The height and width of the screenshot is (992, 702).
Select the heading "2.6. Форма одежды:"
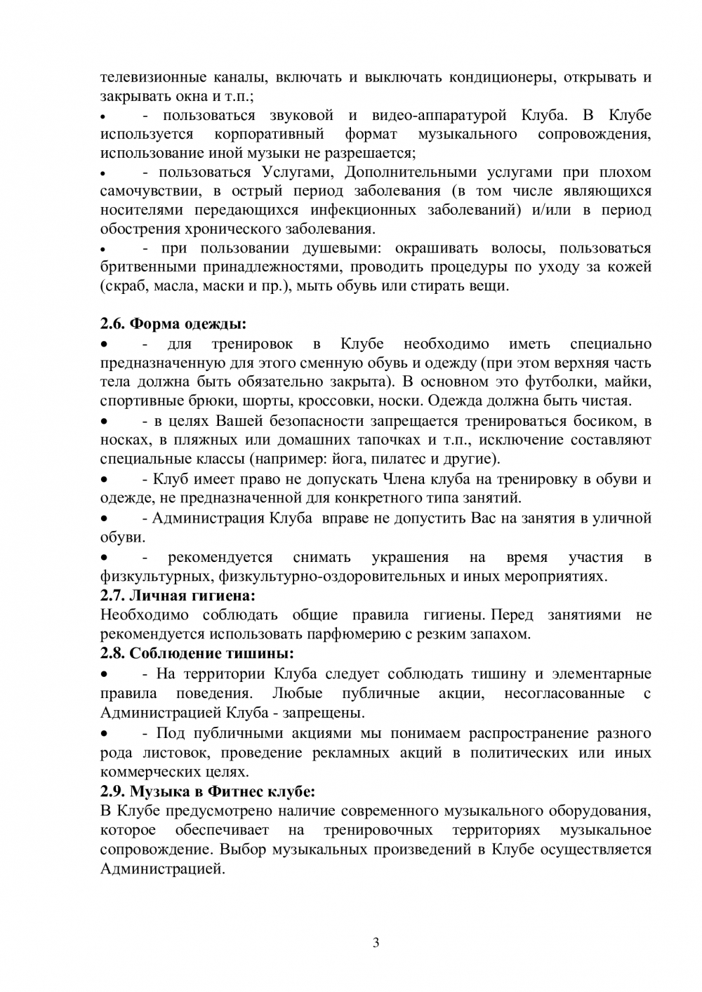173,324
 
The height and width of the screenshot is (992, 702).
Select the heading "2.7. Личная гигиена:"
178,596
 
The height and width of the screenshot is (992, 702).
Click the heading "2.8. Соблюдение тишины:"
197,653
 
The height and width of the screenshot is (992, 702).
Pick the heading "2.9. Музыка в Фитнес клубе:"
207,791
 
